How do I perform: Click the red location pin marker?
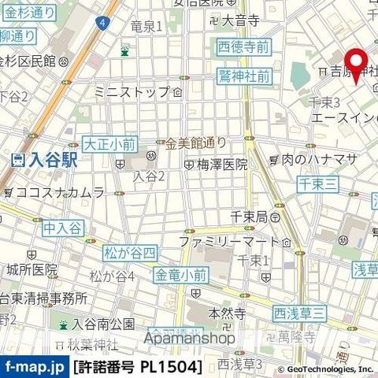pyautogui.click(x=356, y=65)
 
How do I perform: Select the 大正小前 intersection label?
pyautogui.click(x=109, y=143)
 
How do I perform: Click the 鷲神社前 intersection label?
pyautogui.click(x=244, y=76)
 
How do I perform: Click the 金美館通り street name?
pyautogui.click(x=195, y=143)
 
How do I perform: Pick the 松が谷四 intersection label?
pyautogui.click(x=130, y=252)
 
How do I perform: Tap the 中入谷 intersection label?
pyautogui.click(x=63, y=228)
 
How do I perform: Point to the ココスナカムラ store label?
pyautogui.click(x=59, y=192)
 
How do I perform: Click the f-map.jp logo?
pyautogui.click(x=34, y=367)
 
